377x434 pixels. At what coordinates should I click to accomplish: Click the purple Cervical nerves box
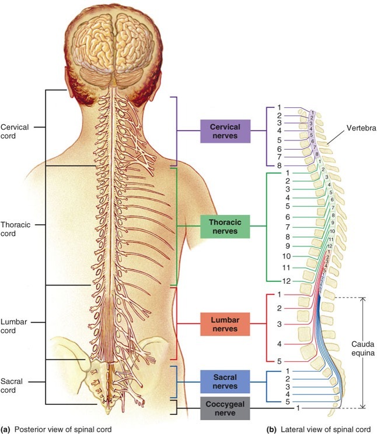point(225,131)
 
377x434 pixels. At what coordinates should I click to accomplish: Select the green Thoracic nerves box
point(225,227)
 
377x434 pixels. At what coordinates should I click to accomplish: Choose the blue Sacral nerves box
point(225,381)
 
